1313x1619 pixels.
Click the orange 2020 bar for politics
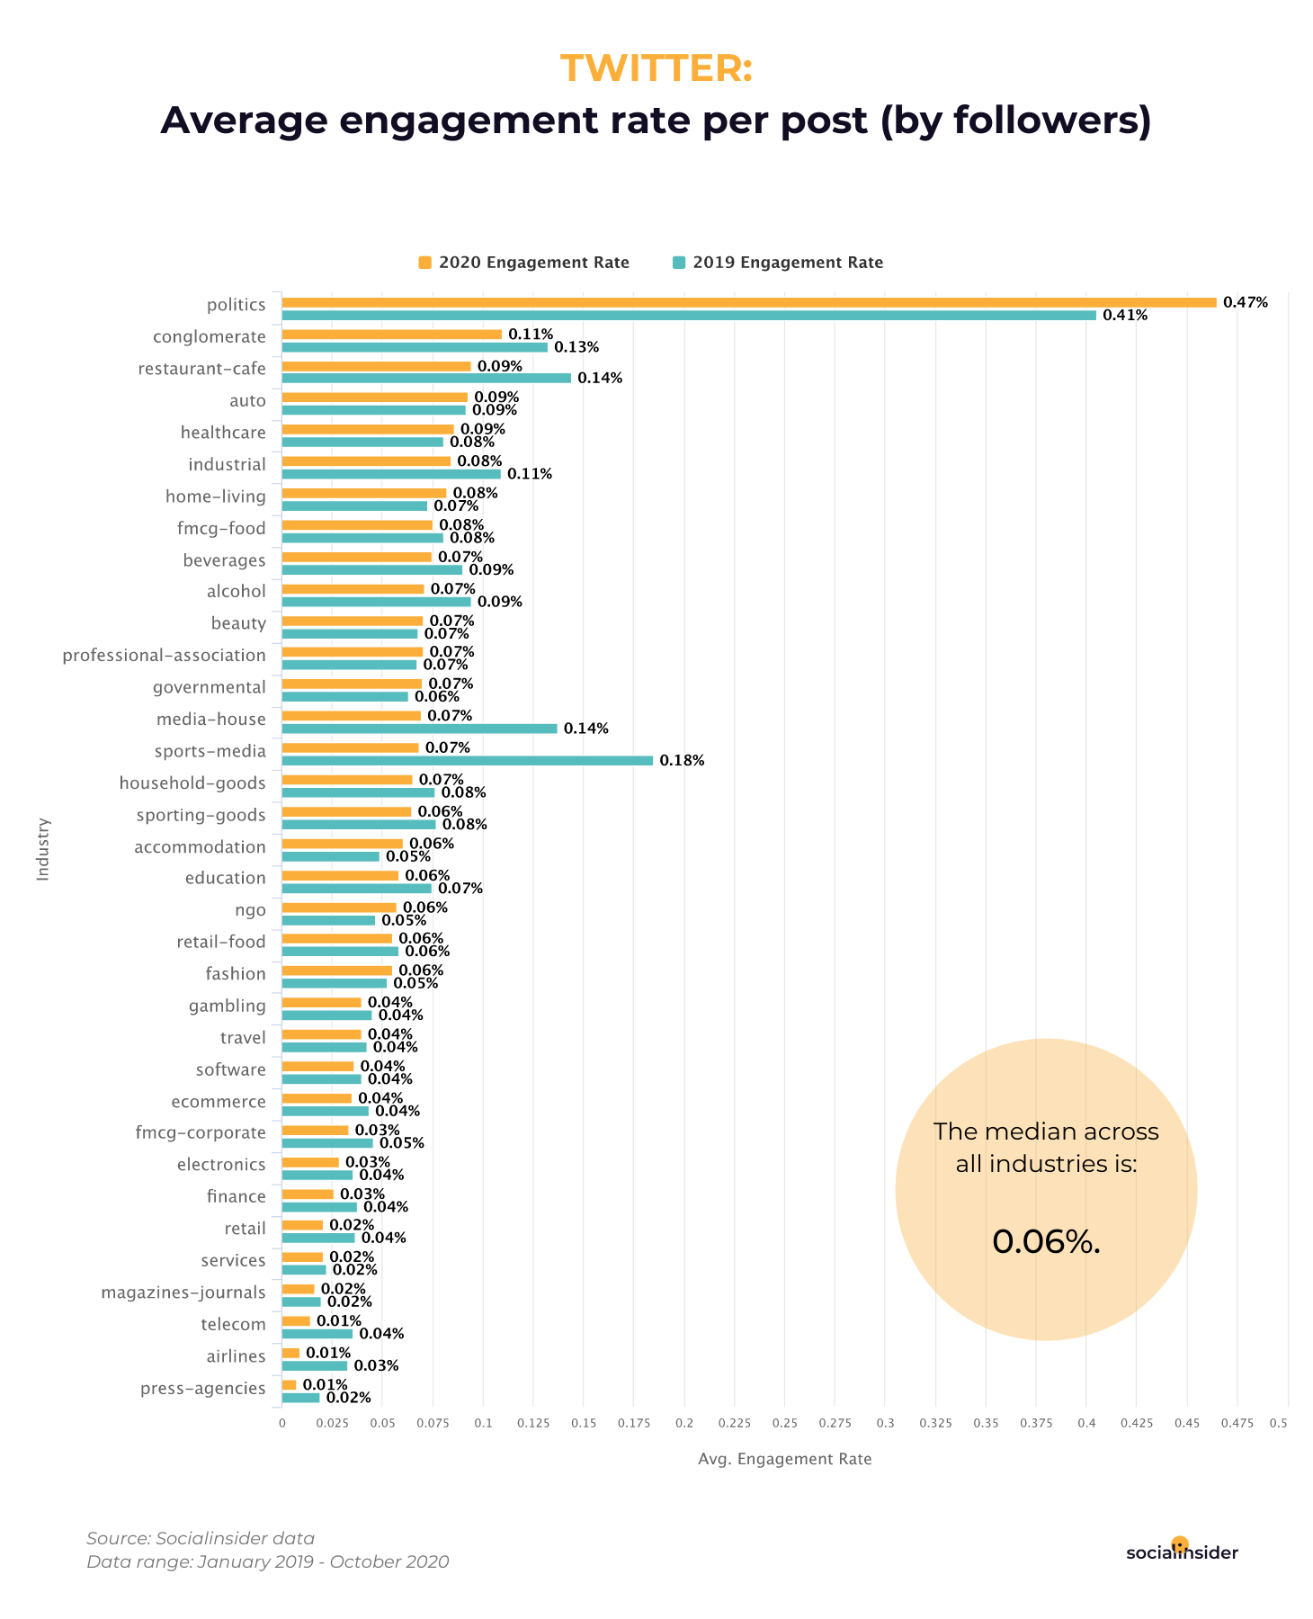(748, 302)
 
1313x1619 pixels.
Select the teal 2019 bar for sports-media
(467, 761)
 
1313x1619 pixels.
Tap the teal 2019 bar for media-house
(419, 729)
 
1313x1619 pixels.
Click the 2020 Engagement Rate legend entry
(523, 263)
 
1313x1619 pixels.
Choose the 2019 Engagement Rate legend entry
(778, 263)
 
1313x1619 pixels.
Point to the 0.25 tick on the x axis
(784, 1423)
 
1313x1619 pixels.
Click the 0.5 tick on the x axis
(1278, 1423)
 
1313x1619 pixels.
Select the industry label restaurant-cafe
(201, 369)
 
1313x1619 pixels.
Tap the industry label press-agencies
(202, 1389)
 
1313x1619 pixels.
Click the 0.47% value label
(1245, 302)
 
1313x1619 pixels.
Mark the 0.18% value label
(682, 761)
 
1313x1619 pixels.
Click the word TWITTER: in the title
(656, 68)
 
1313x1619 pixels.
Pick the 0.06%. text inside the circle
(1046, 1242)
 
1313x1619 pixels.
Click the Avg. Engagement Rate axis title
(784, 1459)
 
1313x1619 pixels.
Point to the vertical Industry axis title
(43, 848)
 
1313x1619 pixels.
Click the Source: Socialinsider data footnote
(201, 1538)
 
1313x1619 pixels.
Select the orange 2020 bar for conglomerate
(391, 335)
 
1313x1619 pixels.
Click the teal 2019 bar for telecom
(317, 1334)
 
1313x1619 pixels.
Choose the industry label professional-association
(164, 656)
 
